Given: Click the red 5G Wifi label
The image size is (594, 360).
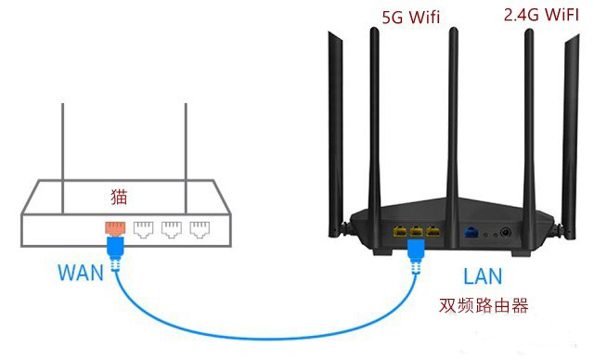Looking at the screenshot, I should pos(412,18).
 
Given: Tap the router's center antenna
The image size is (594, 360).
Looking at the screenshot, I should pos(455,102).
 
